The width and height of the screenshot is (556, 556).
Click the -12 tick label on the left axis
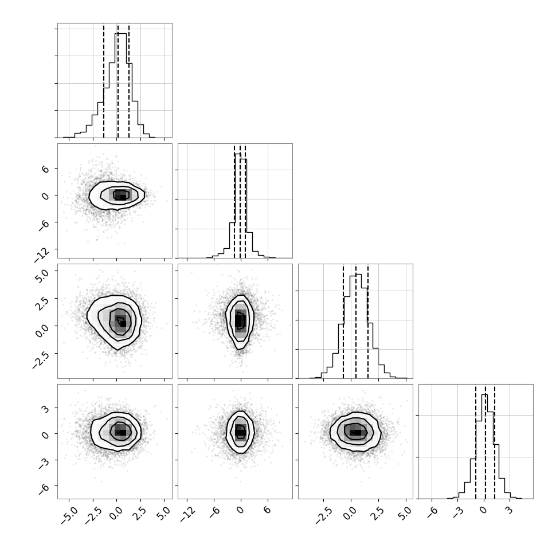coord(42,255)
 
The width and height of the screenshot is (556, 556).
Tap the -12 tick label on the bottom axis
coord(188,514)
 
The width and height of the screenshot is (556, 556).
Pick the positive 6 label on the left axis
coord(45,169)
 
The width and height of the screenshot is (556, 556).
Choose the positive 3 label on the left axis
coord(45,409)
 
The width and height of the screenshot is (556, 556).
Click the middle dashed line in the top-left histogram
coord(118,81)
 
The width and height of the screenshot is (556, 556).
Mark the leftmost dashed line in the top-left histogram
coord(104,81)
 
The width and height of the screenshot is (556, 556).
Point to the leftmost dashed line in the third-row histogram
coord(343,322)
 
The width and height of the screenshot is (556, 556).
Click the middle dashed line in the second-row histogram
coord(240,201)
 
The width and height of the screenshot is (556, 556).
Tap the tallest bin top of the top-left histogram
coord(120,33)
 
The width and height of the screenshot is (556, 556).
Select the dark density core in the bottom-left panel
coord(120,432)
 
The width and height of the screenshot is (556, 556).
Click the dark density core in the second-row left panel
coord(121,195)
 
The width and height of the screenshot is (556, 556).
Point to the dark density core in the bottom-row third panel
coord(356,432)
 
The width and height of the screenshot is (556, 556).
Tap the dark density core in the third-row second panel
coord(240,320)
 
